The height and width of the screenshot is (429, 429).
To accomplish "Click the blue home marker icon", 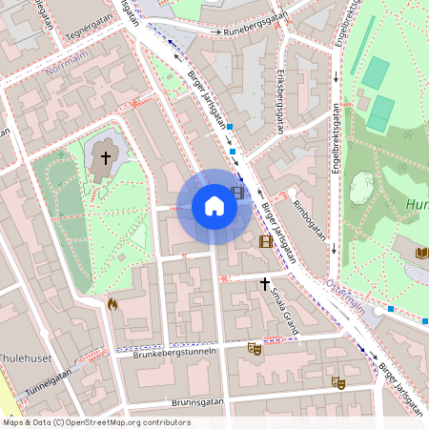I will point(214,206).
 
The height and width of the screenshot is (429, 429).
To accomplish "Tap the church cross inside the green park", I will point(106,156).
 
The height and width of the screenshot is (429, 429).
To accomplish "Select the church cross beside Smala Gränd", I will point(266,283).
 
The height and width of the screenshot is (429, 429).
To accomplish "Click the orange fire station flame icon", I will point(112,304).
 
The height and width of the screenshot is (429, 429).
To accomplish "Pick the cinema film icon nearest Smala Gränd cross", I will point(265,241).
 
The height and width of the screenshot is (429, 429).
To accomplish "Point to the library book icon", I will point(422,253).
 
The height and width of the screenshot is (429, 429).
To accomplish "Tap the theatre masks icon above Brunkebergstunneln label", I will point(254,348).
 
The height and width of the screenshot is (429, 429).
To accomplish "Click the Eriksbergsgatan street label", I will point(276,99).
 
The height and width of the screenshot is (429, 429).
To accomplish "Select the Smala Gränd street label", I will point(284,310).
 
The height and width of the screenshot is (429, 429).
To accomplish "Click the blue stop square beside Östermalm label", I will point(391,309).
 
